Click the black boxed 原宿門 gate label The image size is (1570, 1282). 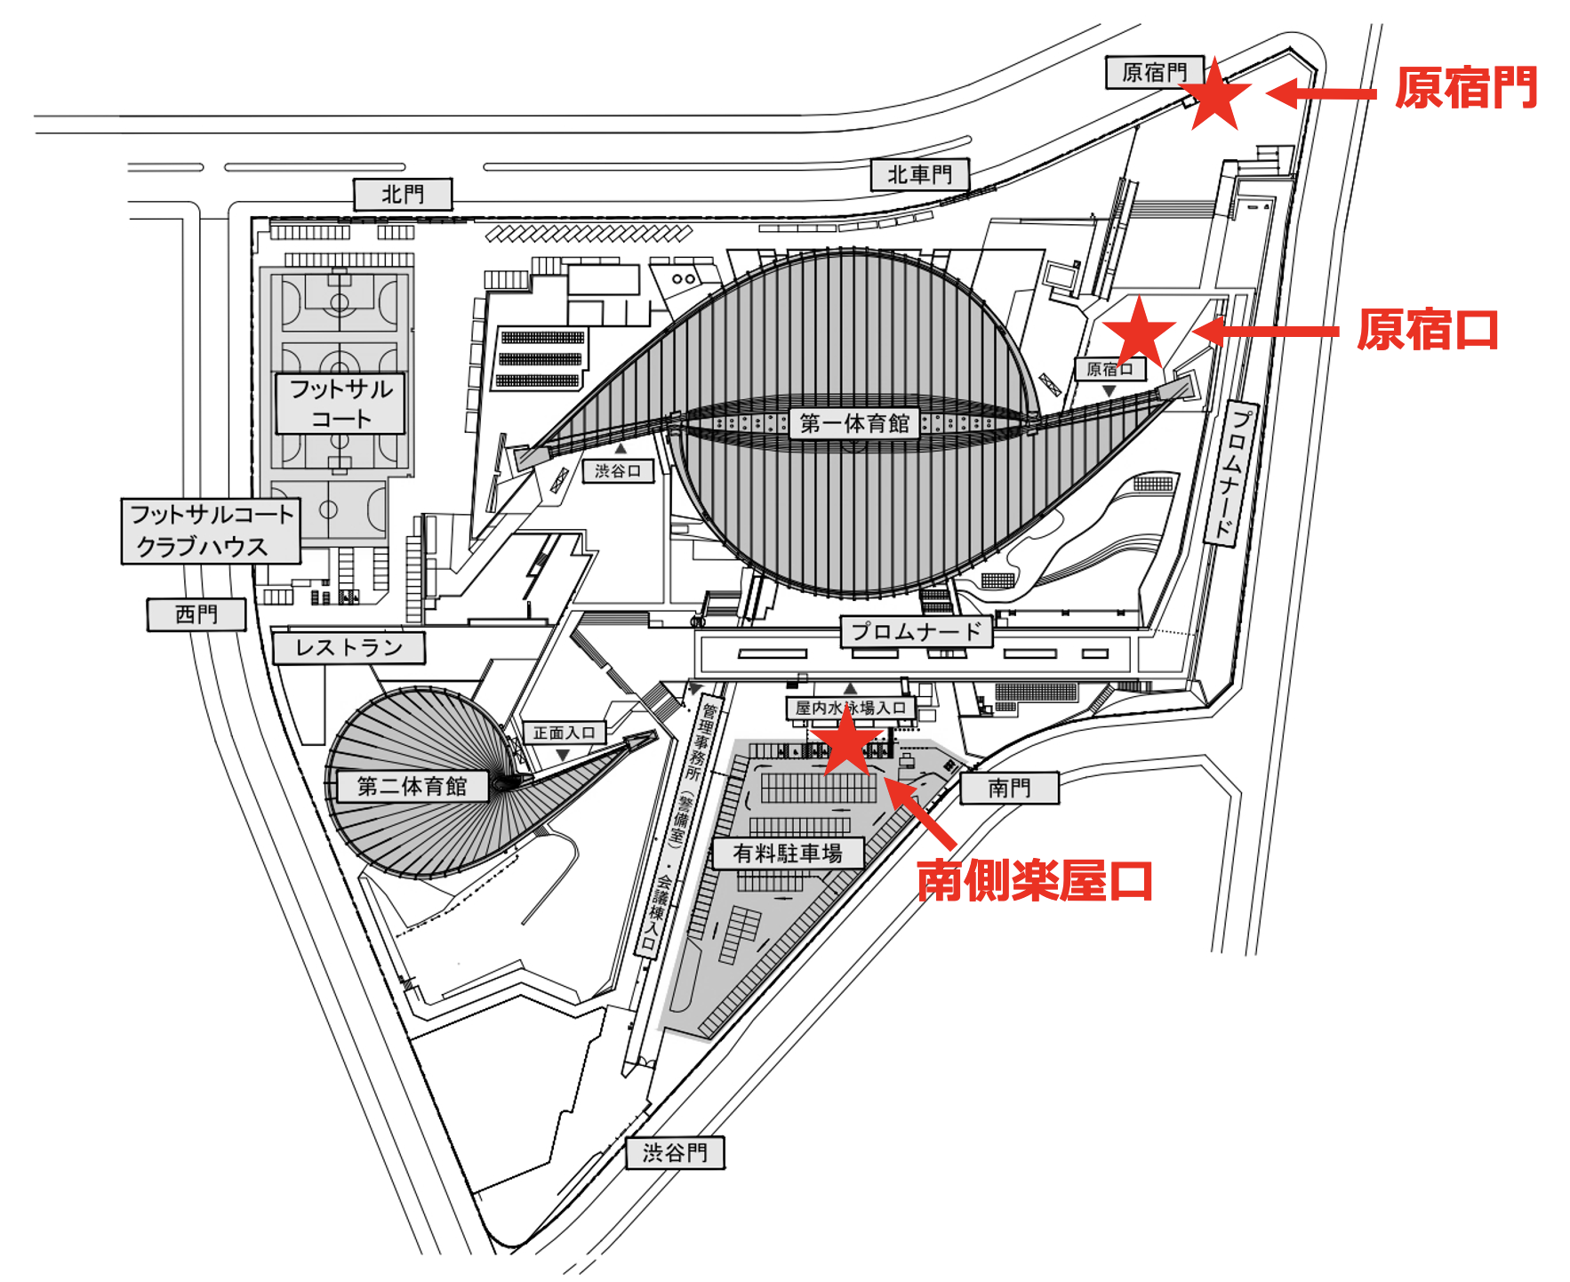click(1154, 72)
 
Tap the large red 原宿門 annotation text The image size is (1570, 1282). click(1466, 88)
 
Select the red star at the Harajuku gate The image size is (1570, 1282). click(1214, 95)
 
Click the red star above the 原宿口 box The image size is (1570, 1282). click(1139, 332)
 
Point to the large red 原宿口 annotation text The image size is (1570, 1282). click(1428, 331)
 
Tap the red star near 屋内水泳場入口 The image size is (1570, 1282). click(846, 741)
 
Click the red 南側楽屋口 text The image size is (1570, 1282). click(1034, 882)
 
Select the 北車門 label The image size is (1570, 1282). click(919, 174)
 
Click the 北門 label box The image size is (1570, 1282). click(403, 194)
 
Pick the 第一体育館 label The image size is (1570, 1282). click(854, 423)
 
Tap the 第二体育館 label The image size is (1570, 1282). click(412, 786)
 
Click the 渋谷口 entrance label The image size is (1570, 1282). click(618, 470)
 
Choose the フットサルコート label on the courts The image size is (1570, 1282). click(340, 404)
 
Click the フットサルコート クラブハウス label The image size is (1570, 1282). click(211, 531)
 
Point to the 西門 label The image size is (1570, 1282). click(196, 614)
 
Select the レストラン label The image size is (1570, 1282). click(348, 648)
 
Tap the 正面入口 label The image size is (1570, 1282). click(564, 733)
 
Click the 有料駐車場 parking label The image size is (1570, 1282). click(788, 853)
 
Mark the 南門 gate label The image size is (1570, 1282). click(1009, 788)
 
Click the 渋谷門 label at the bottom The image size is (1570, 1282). click(675, 1153)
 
